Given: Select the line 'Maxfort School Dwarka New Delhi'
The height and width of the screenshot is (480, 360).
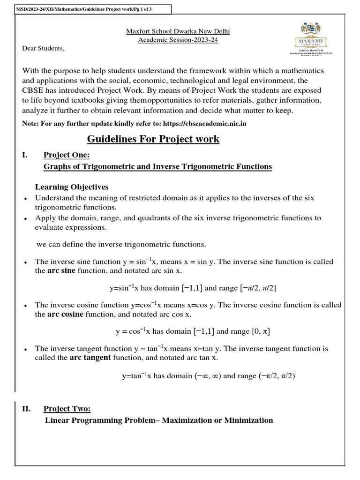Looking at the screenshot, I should (178, 32).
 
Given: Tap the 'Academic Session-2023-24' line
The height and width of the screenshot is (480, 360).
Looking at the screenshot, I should (178, 40).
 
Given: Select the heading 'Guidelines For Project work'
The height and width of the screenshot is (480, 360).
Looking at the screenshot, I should (153, 139).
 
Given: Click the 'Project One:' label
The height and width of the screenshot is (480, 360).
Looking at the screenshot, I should (64, 156).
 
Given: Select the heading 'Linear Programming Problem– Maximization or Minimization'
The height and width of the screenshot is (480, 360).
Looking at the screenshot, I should (158, 420).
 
